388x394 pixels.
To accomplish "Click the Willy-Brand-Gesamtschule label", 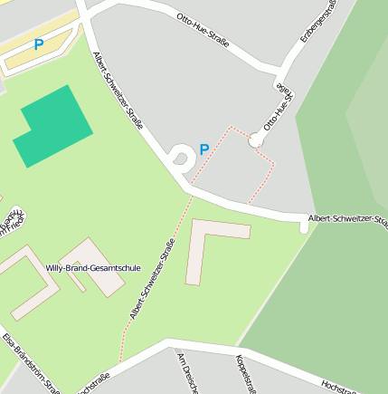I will click(x=93, y=268).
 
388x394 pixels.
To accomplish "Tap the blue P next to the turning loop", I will click(x=204, y=149).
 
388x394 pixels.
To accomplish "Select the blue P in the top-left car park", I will click(x=39, y=44).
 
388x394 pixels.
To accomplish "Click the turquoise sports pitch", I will click(x=52, y=127).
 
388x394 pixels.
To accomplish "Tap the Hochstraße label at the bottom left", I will click(x=93, y=384).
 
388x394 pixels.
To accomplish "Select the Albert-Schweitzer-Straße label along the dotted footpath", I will click(x=151, y=279).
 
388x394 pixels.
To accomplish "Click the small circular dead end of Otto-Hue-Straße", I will click(x=256, y=140).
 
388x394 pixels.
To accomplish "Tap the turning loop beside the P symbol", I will click(x=181, y=158).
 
